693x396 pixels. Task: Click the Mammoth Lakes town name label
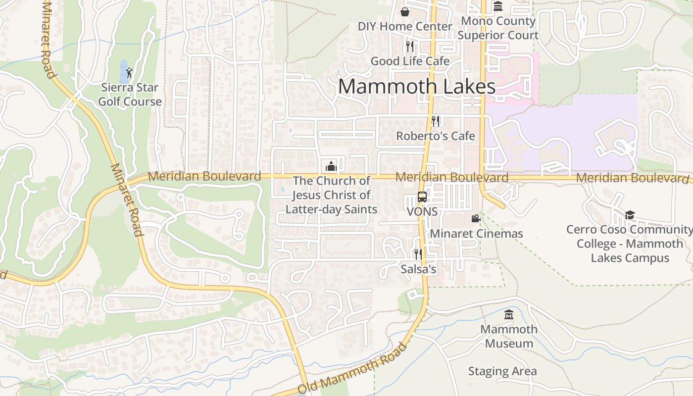(x=417, y=87)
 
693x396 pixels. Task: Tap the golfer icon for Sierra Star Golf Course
(x=129, y=72)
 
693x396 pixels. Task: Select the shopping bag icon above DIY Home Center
(x=405, y=11)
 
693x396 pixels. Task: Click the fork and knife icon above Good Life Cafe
(x=410, y=47)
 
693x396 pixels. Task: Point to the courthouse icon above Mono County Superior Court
(x=498, y=6)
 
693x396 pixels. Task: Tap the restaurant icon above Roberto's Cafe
(x=436, y=121)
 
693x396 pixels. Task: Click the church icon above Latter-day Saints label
(x=331, y=166)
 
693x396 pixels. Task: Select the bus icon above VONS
(x=422, y=197)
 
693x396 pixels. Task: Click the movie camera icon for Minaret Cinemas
(x=476, y=218)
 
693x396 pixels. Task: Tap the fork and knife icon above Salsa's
(x=418, y=254)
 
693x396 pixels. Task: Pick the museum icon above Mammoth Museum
(x=509, y=314)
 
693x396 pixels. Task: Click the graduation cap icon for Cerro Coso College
(x=630, y=215)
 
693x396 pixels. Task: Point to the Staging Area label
(x=502, y=371)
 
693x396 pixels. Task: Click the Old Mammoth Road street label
(x=352, y=367)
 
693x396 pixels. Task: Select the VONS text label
(x=422, y=211)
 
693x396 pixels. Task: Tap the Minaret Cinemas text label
(x=476, y=233)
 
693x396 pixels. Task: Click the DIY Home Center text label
(x=405, y=26)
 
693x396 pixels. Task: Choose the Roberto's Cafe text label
(x=436, y=136)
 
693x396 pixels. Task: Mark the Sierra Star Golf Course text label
(x=130, y=95)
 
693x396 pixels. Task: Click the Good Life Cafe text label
(x=410, y=61)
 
